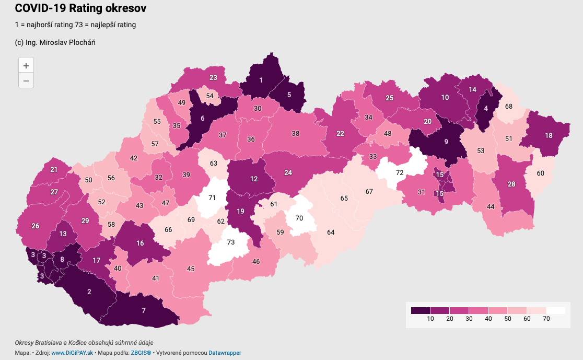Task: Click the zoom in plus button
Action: (x=26, y=66)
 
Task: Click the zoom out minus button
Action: (x=26, y=81)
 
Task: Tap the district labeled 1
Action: (x=261, y=80)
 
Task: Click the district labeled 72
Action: (x=400, y=172)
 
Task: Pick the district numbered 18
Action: (x=549, y=136)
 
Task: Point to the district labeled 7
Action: (x=144, y=311)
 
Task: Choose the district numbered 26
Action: (x=36, y=226)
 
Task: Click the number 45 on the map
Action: (x=191, y=269)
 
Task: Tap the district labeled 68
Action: (x=508, y=106)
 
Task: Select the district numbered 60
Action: (x=540, y=173)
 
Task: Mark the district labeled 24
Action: (x=288, y=172)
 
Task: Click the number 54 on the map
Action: (x=209, y=96)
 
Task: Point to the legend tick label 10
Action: (x=430, y=319)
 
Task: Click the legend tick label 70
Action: (x=546, y=319)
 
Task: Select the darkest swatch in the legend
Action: (x=421, y=310)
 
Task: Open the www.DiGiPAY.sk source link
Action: (x=72, y=353)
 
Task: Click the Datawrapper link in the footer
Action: (x=225, y=353)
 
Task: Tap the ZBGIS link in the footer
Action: (x=141, y=353)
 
